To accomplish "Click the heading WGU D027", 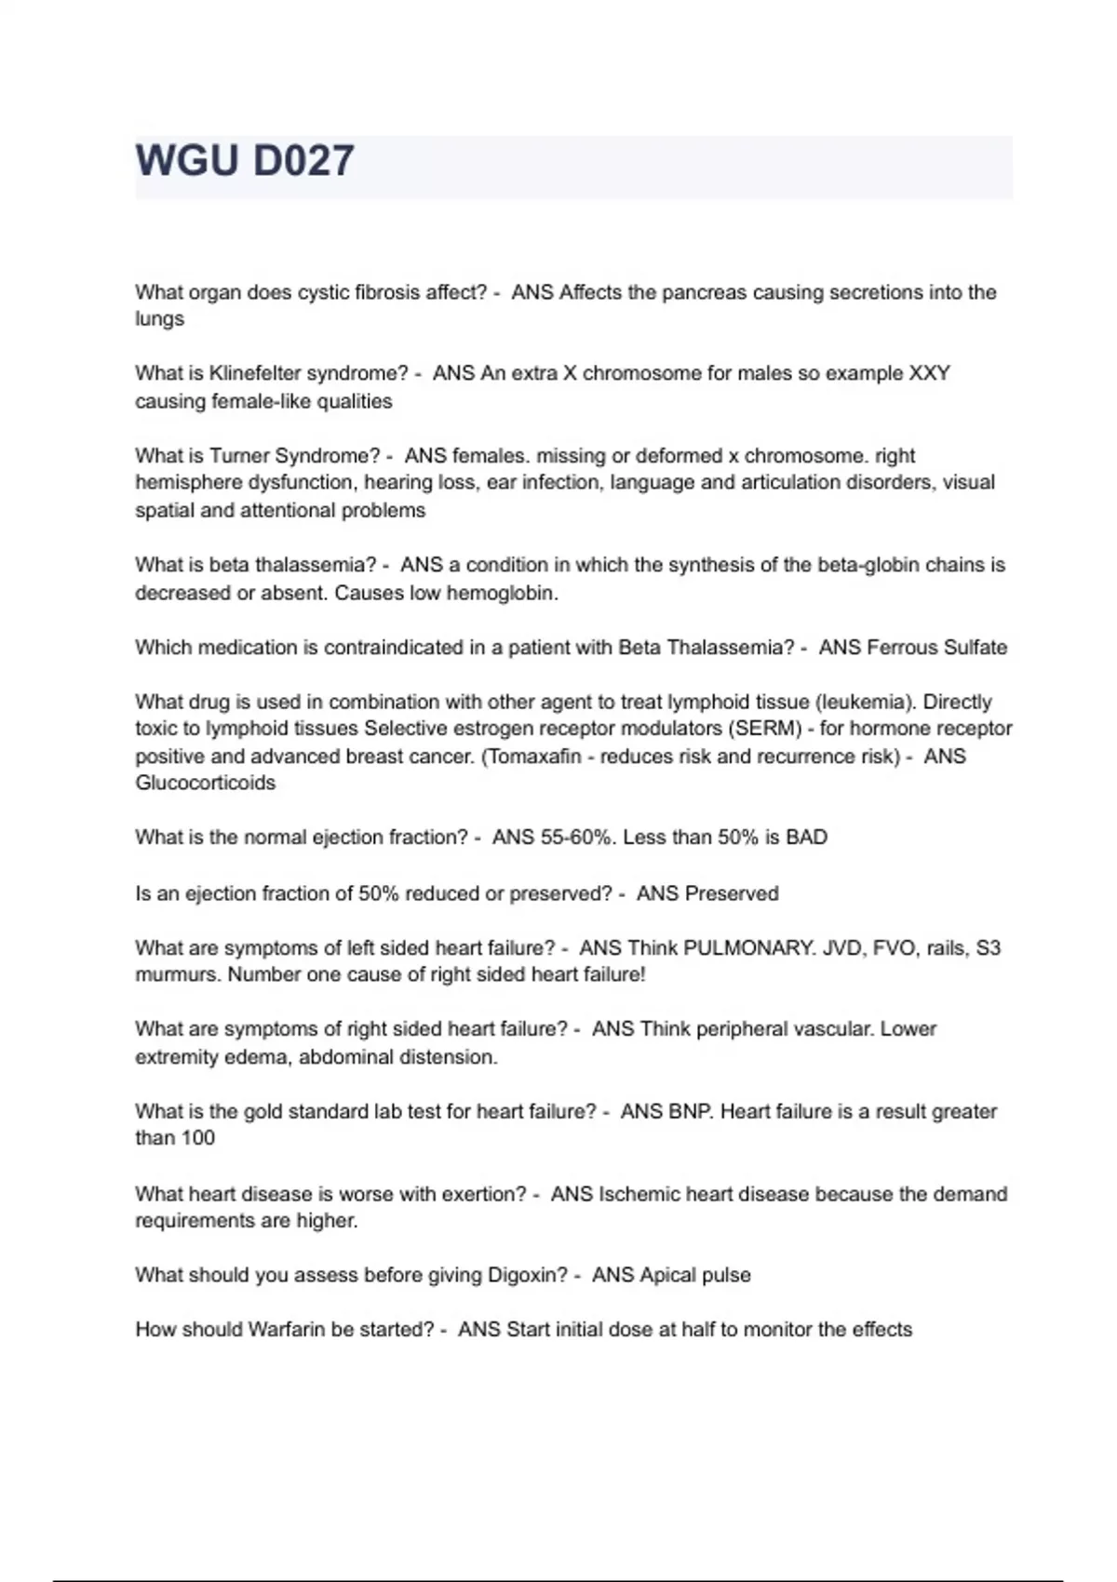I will coord(245,161).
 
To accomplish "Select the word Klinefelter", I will coord(255,373).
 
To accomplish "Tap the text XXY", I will coord(929,373).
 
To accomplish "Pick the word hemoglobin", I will coord(501,593).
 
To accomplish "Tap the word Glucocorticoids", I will coord(206,783).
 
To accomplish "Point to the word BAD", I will coord(806,838).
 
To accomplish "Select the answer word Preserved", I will coord(732,893).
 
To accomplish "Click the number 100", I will coord(198,1138).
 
